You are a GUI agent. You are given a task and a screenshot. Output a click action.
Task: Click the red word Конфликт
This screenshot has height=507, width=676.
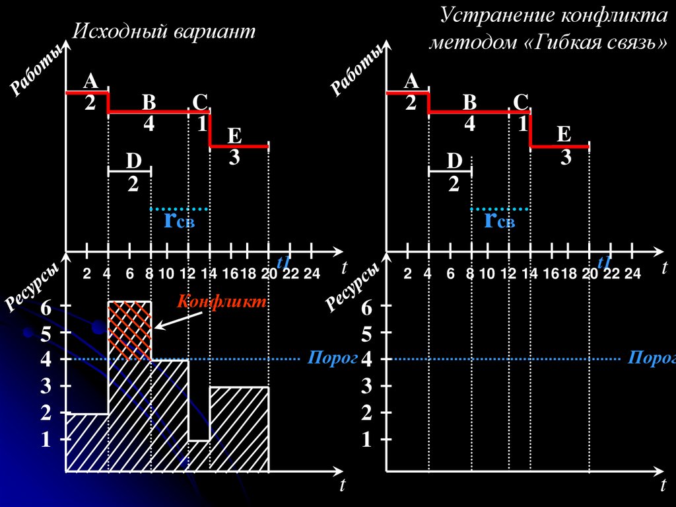pos(221,302)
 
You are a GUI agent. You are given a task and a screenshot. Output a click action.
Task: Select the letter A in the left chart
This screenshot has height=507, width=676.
pos(90,81)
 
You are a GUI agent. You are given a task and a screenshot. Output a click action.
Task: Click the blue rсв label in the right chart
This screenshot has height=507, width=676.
pos(499,219)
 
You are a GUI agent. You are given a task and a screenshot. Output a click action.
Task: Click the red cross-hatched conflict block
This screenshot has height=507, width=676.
pos(130,330)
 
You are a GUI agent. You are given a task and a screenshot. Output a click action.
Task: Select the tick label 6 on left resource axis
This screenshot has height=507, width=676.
pos(45,307)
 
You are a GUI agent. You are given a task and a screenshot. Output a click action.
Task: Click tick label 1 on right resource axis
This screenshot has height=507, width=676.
pos(366,440)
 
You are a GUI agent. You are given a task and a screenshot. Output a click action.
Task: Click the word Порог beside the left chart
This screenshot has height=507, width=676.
pos(324,358)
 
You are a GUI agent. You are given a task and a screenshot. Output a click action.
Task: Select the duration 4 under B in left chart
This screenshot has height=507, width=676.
pos(149,124)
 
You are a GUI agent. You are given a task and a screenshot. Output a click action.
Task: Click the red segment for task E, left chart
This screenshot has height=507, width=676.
pos(239,146)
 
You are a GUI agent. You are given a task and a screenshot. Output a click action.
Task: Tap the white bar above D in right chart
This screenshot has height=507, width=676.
pos(450,172)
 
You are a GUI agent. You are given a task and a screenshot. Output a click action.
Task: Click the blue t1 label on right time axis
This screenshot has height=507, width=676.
pos(603,262)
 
